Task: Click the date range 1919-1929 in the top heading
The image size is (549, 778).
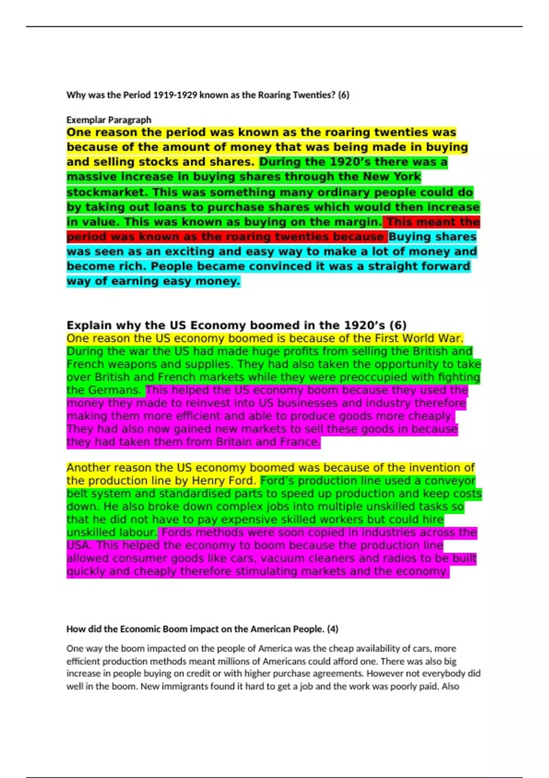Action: coord(175,95)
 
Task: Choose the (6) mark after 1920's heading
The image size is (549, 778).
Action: coord(398,325)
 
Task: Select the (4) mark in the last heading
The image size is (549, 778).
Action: coord(333,629)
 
